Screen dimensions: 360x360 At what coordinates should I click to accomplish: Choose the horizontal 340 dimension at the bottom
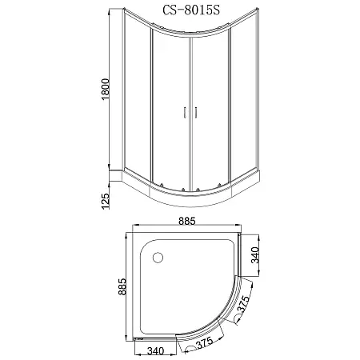pyautogui.click(x=156, y=349)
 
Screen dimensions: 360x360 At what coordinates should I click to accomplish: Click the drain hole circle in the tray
pyautogui.click(x=156, y=258)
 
